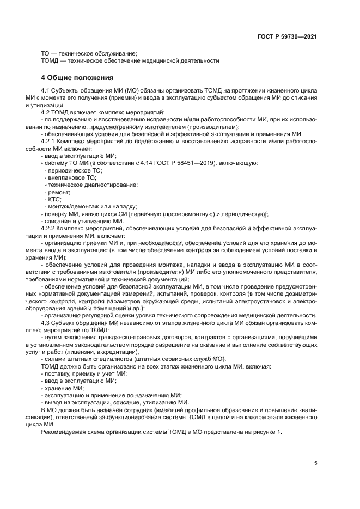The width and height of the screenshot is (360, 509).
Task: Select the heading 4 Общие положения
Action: (77, 77)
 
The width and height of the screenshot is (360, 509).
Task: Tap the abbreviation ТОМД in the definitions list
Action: (50, 60)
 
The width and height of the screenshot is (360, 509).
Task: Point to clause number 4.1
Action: (47, 90)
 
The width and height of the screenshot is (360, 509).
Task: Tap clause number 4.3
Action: (47, 323)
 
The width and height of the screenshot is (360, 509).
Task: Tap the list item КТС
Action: (55, 199)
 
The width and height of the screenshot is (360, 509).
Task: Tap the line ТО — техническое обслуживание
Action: (89, 53)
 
